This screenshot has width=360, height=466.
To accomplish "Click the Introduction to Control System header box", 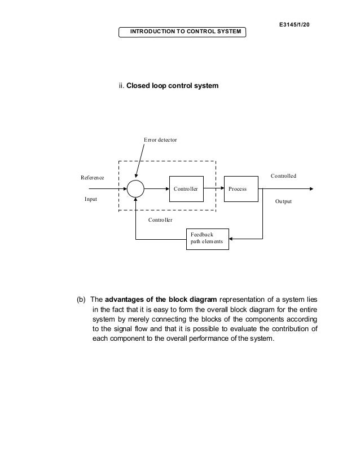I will (182, 31).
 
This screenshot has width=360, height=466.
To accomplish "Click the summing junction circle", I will (135, 189).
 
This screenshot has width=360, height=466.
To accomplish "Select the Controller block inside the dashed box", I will (186, 189).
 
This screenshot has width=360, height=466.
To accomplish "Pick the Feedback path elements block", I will (207, 239).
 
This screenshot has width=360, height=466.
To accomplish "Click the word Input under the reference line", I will (90, 200).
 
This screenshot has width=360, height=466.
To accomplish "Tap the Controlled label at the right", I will (283, 176).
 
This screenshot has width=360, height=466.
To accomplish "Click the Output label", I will (283, 201).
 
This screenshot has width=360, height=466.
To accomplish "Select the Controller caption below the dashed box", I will (160, 219).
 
